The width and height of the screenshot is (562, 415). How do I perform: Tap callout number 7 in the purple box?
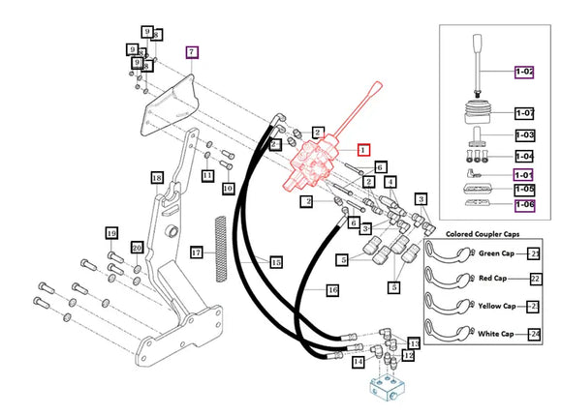[x=191, y=51]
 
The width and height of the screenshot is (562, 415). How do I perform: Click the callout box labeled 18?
[x=156, y=178]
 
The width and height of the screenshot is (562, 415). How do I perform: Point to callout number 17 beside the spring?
[x=196, y=252]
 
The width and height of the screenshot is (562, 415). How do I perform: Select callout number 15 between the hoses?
[x=276, y=261]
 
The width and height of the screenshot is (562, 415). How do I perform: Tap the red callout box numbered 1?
[x=363, y=150]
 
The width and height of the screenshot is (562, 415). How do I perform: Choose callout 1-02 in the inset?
[x=524, y=72]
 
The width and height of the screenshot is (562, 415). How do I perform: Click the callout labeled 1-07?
[x=524, y=113]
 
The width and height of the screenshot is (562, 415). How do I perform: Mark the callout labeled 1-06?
[x=524, y=205]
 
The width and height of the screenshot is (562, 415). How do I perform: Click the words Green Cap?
[x=501, y=253]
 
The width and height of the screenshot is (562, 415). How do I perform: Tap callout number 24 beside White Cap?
[x=534, y=334]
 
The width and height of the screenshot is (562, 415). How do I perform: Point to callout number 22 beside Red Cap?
[x=534, y=280]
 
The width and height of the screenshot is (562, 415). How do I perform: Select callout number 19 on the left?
[x=111, y=233]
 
